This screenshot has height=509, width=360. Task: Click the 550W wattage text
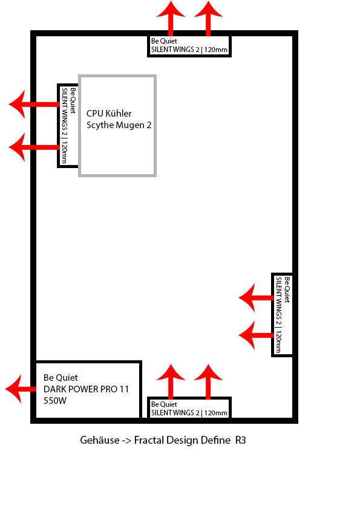(x=55, y=401)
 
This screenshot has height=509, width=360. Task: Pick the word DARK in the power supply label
(x=54, y=389)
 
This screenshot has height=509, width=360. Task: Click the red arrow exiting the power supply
(x=21, y=389)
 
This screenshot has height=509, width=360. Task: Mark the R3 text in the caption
(x=240, y=440)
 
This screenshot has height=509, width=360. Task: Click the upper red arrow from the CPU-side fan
(x=34, y=104)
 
